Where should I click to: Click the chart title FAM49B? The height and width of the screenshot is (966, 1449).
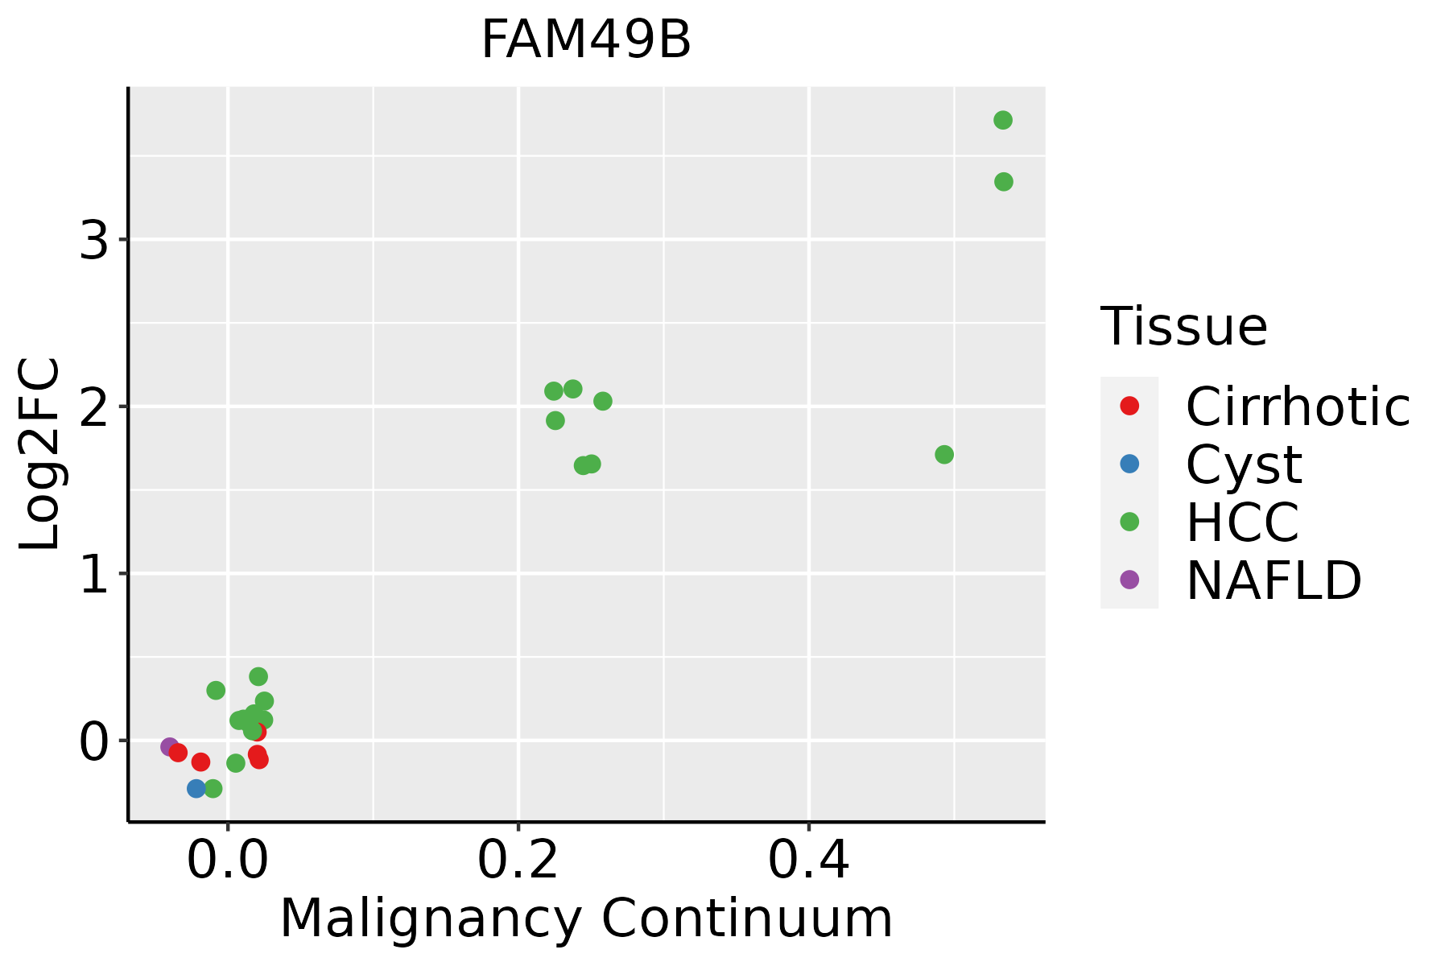586,40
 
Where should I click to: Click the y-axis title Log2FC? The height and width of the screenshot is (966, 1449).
40,455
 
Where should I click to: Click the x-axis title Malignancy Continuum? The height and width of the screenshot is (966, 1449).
586,919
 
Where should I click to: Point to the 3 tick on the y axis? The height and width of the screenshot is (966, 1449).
94,240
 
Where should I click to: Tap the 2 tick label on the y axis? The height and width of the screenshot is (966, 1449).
94,407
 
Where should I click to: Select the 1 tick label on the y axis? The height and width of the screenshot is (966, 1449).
94,574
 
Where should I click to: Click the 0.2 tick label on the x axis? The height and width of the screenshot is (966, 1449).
518,861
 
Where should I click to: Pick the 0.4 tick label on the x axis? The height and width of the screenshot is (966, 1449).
808,861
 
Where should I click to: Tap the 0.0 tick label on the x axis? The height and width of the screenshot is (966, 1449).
228,861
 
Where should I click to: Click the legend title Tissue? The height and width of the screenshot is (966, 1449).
1183,327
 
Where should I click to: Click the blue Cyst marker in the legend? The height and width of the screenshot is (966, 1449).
1129,464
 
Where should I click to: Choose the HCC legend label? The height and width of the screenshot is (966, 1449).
1242,522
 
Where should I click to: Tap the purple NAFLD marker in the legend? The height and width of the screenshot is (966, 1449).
1129,580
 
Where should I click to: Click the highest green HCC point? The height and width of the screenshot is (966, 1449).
1002,121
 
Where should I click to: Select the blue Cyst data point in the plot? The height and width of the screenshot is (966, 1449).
196,789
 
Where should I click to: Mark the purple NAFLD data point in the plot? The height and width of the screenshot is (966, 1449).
170,747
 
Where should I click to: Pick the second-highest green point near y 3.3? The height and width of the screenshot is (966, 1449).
1003,182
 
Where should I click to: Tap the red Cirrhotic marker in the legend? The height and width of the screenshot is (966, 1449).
1129,406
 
